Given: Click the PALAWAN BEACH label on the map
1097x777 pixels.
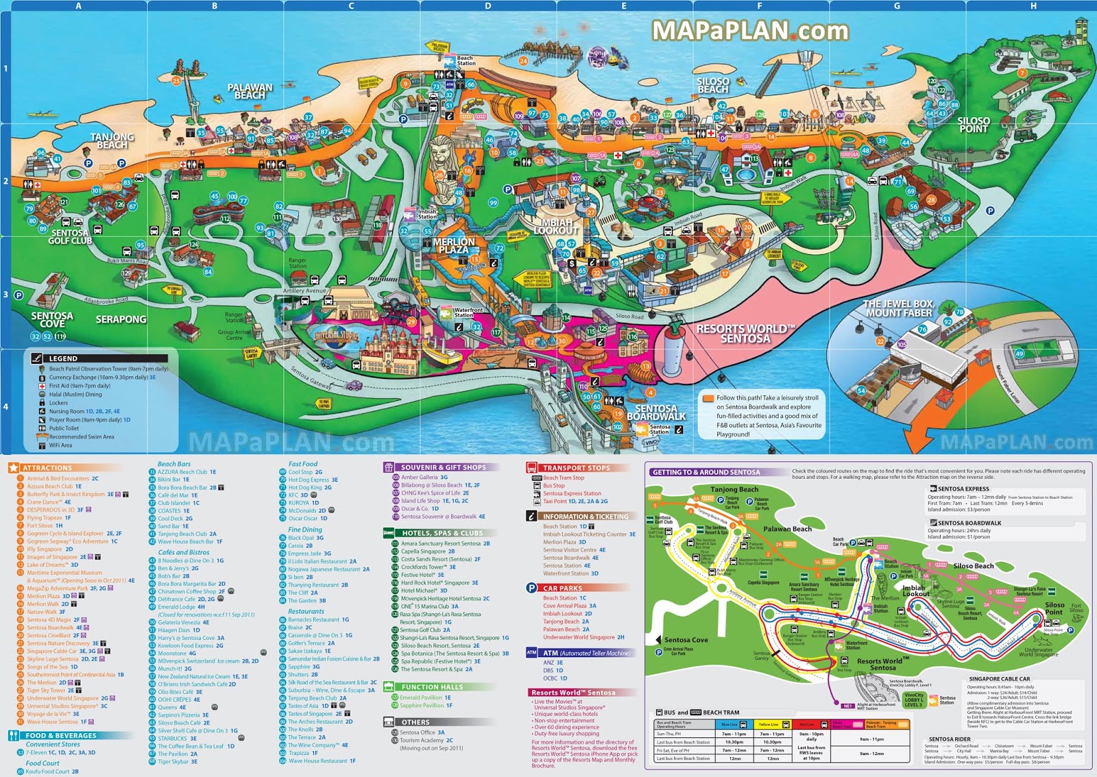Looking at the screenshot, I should (250, 91).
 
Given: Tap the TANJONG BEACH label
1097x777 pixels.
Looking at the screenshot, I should (112, 141).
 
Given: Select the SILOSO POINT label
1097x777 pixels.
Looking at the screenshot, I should (974, 125).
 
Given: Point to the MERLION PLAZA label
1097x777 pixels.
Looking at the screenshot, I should (454, 246).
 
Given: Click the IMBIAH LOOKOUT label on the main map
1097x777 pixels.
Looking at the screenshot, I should (556, 227).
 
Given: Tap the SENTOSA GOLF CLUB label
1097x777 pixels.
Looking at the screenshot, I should (70, 237).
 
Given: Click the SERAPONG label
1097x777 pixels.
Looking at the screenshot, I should (121, 319).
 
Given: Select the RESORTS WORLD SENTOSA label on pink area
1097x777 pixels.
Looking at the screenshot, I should (745, 334).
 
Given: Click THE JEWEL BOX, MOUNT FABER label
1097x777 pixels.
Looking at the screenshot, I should (898, 308).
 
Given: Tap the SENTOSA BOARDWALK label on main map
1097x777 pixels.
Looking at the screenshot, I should (656, 412).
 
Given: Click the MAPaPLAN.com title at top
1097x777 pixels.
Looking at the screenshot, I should (750, 31).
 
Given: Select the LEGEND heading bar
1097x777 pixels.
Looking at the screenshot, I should (99, 358).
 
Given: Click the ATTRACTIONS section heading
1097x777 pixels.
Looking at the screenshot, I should (47, 468).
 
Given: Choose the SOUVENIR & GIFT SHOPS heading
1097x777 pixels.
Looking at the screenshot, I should (443, 467).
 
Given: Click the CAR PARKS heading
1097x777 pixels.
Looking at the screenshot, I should (562, 588).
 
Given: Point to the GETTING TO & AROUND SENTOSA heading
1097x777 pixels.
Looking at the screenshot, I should (706, 472).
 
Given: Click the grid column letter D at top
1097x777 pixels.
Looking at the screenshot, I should (487, 5).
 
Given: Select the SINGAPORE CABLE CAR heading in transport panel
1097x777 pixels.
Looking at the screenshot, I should (999, 679).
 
